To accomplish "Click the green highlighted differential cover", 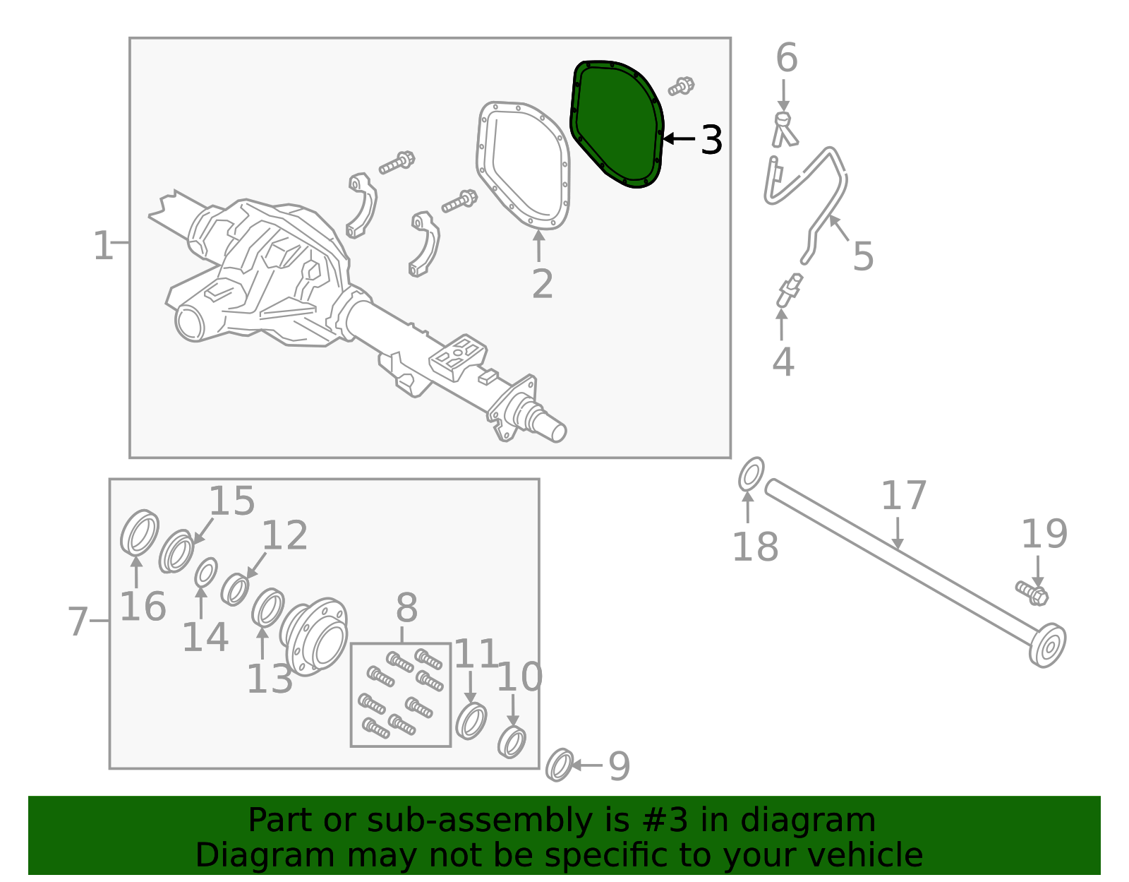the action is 617,124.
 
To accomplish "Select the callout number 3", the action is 711,140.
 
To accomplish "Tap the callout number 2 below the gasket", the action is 543,284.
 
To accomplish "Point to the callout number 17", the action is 904,495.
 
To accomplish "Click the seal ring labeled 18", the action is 751,474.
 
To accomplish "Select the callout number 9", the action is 620,766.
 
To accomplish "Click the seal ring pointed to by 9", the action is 560,765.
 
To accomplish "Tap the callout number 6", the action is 787,57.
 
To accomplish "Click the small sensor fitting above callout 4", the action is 789,290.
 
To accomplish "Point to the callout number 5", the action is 863,256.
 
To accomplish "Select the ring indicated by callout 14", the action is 206,573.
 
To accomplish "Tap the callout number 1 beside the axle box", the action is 102,246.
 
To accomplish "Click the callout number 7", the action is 78,621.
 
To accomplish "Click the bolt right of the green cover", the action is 681,85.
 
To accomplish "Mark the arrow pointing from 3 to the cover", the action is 680,139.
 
